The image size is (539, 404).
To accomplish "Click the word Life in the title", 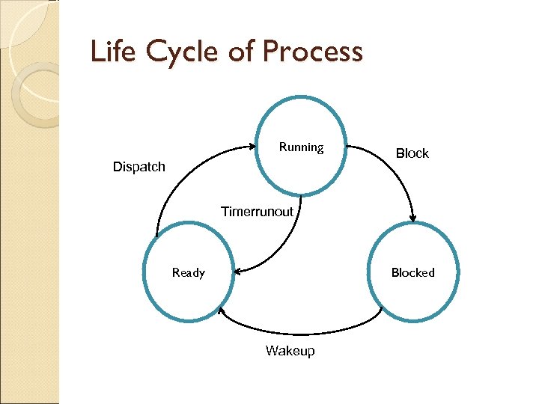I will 109,52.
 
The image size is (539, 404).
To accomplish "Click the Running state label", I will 301,147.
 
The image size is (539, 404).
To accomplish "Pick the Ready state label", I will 188,272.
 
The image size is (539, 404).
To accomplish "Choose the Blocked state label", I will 412,272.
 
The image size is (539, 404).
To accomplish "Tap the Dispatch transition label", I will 138,167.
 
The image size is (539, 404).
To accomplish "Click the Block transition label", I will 412,153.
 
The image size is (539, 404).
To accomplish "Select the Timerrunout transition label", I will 257,212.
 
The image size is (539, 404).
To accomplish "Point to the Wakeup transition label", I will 290,351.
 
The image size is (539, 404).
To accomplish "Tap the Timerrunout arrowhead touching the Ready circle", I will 237,271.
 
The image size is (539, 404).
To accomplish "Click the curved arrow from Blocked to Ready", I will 299,330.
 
